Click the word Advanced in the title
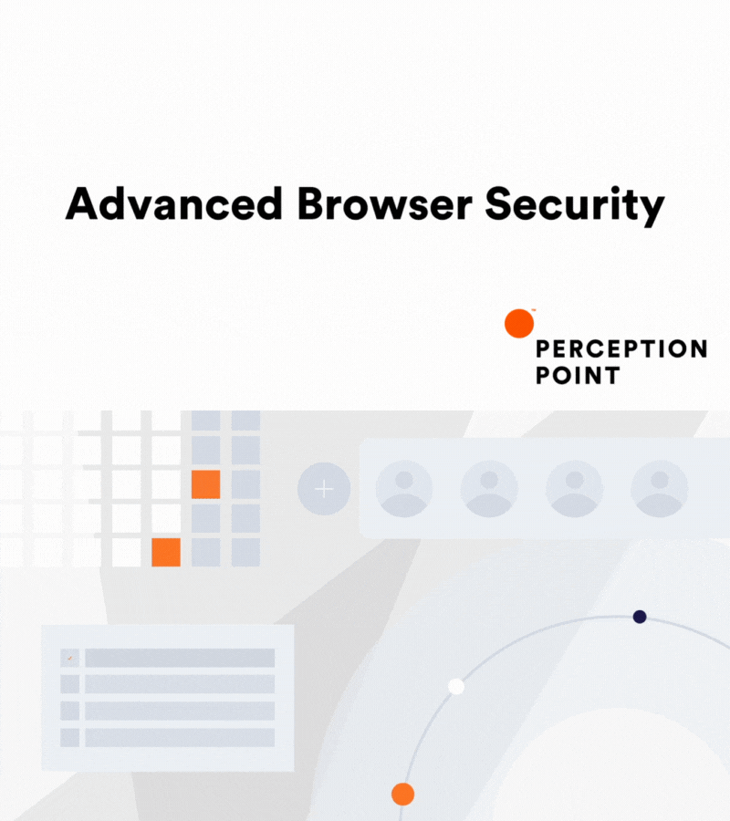tap(173, 204)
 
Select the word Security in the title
tap(574, 206)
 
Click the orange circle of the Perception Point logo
tap(519, 323)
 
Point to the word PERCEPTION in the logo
tap(620, 348)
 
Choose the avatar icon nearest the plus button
tap(404, 489)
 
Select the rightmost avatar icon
tap(660, 489)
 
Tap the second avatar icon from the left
tap(489, 489)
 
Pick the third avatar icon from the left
tap(575, 489)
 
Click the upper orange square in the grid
tap(206, 484)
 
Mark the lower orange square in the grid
tap(166, 552)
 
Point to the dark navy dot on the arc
tap(640, 617)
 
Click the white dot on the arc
tap(456, 686)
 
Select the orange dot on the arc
tap(402, 794)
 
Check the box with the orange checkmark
tap(69, 658)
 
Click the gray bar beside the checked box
tap(180, 658)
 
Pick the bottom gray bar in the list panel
tap(180, 737)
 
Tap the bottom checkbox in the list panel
tap(69, 737)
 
